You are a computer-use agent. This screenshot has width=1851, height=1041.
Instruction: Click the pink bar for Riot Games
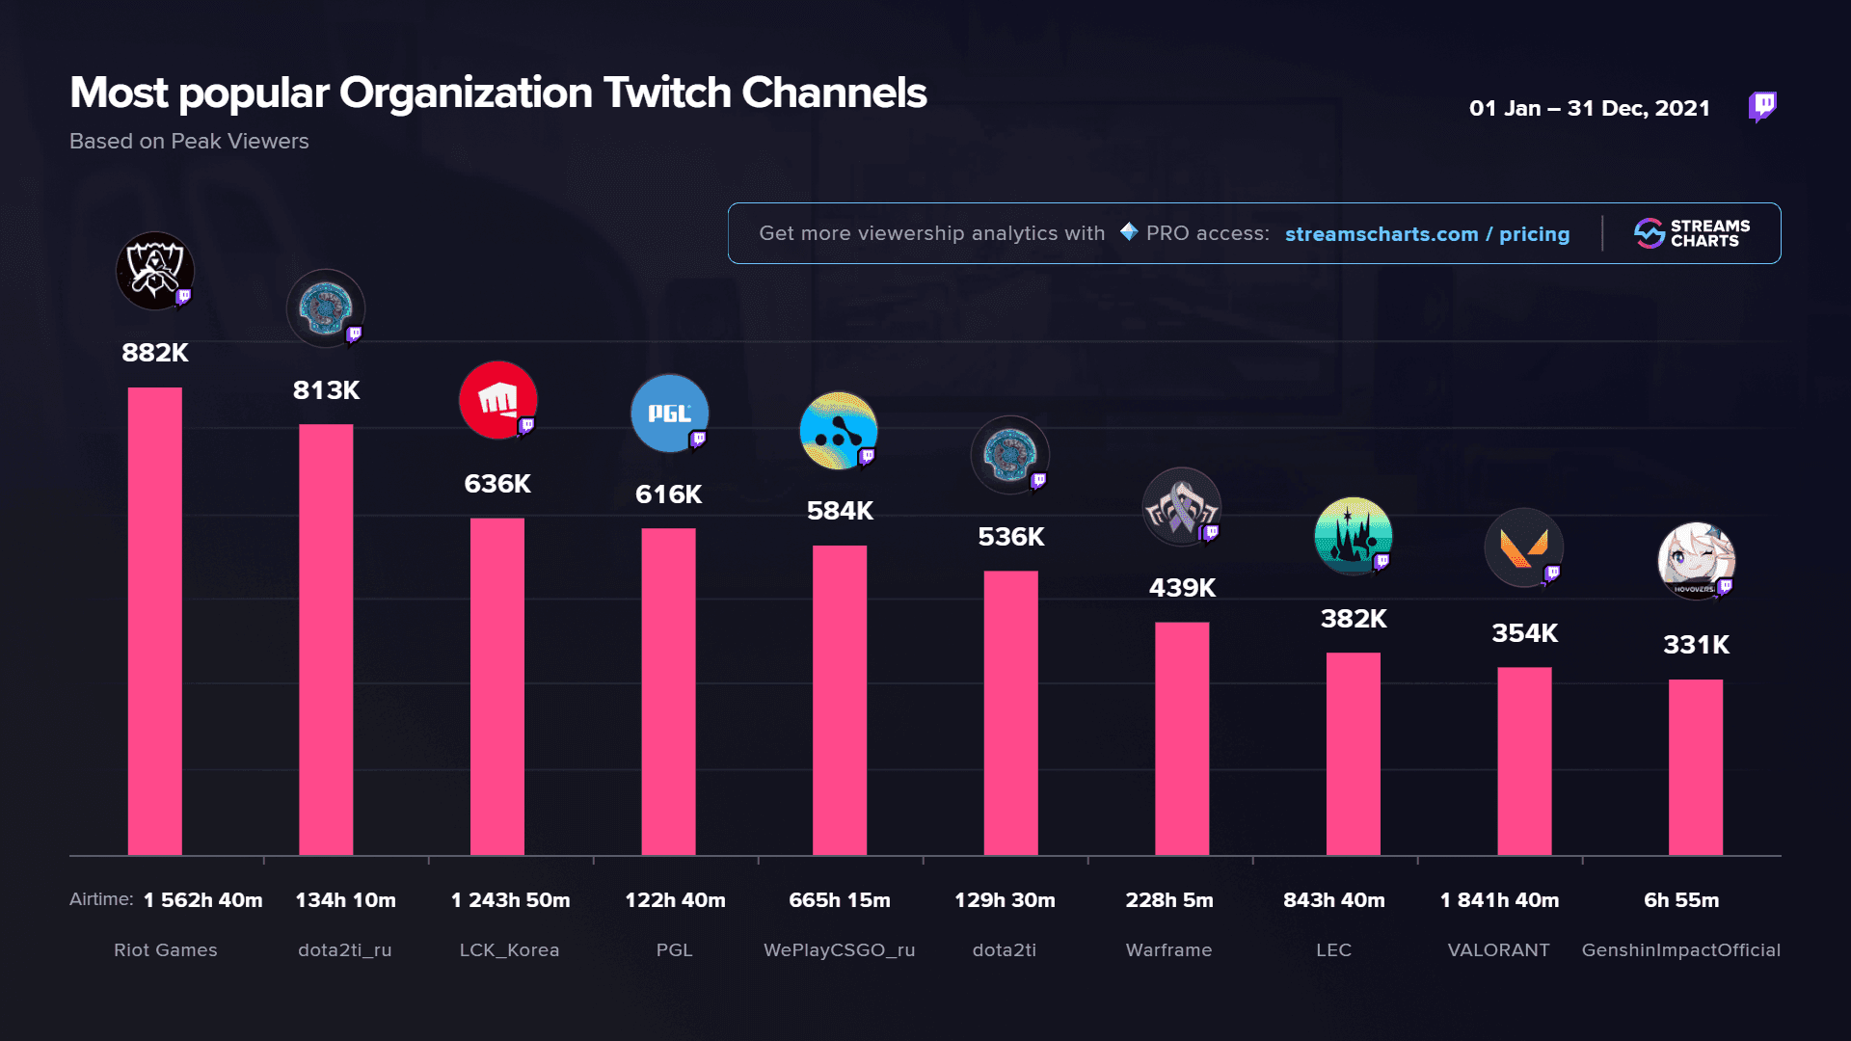(154, 621)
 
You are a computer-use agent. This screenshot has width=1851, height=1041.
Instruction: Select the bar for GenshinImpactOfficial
(1695, 767)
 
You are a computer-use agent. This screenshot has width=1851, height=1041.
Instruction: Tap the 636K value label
(497, 484)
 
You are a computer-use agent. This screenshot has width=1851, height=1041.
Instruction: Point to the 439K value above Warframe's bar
(1182, 588)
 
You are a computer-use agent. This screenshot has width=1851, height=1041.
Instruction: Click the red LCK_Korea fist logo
(497, 400)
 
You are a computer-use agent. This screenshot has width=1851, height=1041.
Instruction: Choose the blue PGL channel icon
(669, 414)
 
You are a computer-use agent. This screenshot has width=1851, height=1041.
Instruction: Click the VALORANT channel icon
(1523, 547)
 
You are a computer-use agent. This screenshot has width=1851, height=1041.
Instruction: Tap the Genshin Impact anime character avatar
(1696, 561)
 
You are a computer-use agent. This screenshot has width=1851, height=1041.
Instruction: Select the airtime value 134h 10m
(345, 900)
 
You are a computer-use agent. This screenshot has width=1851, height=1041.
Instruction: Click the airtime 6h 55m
(1681, 900)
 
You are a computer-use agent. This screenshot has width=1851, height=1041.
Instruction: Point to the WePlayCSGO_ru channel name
(839, 950)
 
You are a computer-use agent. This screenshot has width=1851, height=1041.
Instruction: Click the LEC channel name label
(1333, 950)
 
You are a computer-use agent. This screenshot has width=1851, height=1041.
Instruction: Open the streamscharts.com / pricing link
(1427, 234)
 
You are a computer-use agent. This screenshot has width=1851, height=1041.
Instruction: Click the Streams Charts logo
(1692, 233)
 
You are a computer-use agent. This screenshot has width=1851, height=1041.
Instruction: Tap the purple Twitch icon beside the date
(1762, 106)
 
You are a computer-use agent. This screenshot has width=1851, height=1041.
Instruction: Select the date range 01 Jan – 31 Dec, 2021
(1589, 108)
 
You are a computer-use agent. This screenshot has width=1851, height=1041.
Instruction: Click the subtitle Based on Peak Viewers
(189, 142)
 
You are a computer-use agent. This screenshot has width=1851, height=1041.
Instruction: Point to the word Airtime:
(101, 899)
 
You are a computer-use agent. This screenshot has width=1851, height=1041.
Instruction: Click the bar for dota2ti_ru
(326, 640)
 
